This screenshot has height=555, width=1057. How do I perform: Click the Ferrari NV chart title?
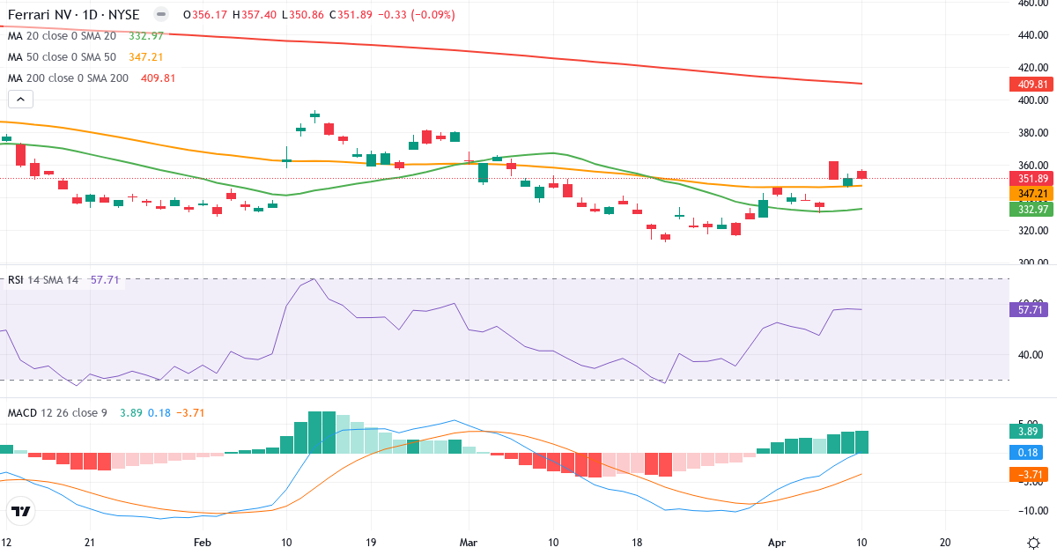75,15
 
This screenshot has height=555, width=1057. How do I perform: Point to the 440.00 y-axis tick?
1031,35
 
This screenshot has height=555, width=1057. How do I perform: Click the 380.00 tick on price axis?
1031,133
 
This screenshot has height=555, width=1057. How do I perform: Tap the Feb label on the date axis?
203,543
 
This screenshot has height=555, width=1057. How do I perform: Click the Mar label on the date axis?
468,543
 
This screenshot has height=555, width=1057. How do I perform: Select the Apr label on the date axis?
776,543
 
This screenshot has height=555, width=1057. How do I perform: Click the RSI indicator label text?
16,279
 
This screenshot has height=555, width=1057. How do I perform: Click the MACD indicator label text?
23,412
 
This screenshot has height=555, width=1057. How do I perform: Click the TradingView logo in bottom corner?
21,511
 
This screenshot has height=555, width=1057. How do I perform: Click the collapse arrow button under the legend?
20,100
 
